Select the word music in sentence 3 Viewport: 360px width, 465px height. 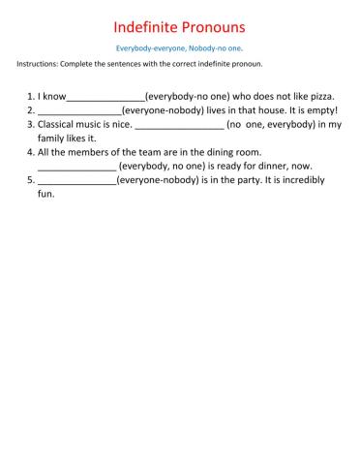pos(103,124)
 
